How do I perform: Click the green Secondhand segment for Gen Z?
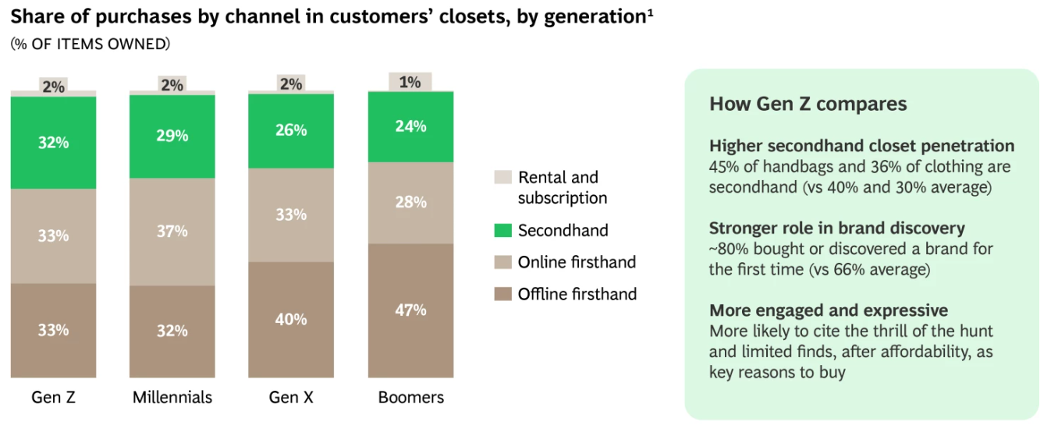pyautogui.click(x=53, y=143)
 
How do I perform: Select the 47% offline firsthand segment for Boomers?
pyautogui.click(x=410, y=310)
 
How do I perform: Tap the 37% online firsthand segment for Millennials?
pyautogui.click(x=172, y=232)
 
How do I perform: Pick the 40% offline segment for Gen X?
pyautogui.click(x=291, y=320)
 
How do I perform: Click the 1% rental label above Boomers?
pyautogui.click(x=410, y=82)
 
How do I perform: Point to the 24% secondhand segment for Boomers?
pyautogui.click(x=410, y=126)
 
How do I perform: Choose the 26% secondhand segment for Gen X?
pyautogui.click(x=291, y=130)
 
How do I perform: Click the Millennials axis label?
pyautogui.click(x=172, y=397)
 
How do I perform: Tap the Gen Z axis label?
pyautogui.click(x=53, y=397)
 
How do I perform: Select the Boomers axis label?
pyautogui.click(x=410, y=397)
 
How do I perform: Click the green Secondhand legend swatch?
pyautogui.click(x=503, y=230)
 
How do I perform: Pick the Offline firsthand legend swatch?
pyautogui.click(x=503, y=294)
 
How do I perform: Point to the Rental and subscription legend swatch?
pyautogui.click(x=503, y=178)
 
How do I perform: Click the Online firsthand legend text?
pyautogui.click(x=577, y=262)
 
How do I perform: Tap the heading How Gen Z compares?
pyautogui.click(x=808, y=104)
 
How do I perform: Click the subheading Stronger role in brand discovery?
pyautogui.click(x=836, y=229)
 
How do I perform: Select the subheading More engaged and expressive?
pyautogui.click(x=829, y=310)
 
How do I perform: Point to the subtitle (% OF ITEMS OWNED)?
pyautogui.click(x=90, y=44)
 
